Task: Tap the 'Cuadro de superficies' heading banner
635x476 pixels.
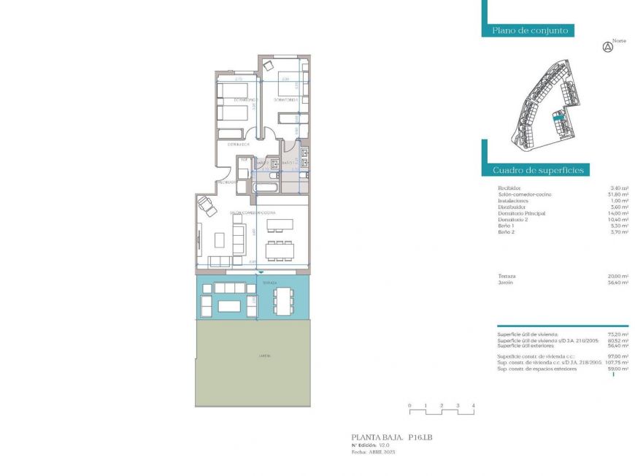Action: pyautogui.click(x=537, y=170)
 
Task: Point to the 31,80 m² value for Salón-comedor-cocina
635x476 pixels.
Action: pyautogui.click(x=619, y=194)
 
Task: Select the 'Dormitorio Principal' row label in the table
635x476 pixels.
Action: pyautogui.click(x=521, y=213)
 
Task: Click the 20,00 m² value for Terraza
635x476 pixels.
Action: pyautogui.click(x=619, y=276)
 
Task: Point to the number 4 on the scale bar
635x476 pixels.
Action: pyautogui.click(x=474, y=405)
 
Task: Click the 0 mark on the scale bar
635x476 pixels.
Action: pyautogui.click(x=409, y=405)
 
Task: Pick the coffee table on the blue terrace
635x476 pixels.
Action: pyautogui.click(x=231, y=304)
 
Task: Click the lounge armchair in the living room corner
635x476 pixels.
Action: pyautogui.click(x=208, y=207)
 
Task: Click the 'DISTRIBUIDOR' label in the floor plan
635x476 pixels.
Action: pyautogui.click(x=236, y=145)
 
